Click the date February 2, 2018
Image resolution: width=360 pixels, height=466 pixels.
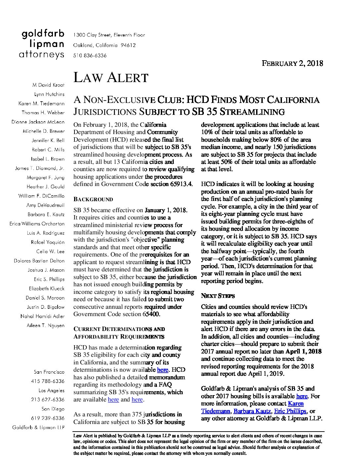pyautogui.click(x=292, y=63)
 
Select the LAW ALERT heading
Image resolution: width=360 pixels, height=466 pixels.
pyautogui.click(x=111, y=77)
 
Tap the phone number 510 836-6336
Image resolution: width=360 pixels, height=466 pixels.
pyautogui.click(x=90, y=56)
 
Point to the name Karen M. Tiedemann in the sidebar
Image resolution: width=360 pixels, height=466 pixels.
pyautogui.click(x=41, y=104)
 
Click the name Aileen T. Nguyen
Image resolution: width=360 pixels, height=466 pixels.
pyautogui.click(x=46, y=326)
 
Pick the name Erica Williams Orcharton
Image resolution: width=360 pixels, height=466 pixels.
pyautogui.click(x=37, y=224)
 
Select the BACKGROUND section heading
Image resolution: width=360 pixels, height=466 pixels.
pyautogui.click(x=93, y=200)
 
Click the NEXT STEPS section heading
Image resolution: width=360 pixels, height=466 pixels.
pyautogui.click(x=218, y=296)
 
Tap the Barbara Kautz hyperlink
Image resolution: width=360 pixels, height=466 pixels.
pyautogui.click(x=253, y=411)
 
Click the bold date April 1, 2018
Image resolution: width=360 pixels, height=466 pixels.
pyautogui.click(x=303, y=351)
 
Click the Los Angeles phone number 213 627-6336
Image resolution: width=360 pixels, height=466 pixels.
pyautogui.click(x=48, y=400)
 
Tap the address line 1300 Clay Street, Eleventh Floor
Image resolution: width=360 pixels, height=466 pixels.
pyautogui.click(x=109, y=35)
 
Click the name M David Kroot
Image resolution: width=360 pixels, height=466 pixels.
pyautogui.click(x=48, y=85)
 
